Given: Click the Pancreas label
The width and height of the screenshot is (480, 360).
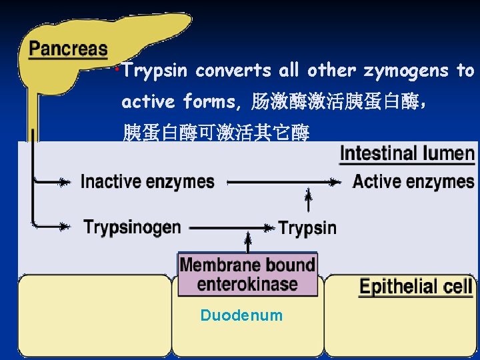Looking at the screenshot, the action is (68, 48).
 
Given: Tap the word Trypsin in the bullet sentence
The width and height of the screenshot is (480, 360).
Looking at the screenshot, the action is (157, 71).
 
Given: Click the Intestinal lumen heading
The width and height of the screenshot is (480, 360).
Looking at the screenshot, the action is (407, 154).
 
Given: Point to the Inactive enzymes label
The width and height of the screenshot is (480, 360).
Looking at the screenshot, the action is (147, 181).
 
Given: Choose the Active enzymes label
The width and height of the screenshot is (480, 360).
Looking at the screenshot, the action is (413, 181).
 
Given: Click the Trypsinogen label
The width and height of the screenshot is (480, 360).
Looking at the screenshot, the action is (132, 227).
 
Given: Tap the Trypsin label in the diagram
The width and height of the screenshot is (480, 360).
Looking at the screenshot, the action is (307, 228).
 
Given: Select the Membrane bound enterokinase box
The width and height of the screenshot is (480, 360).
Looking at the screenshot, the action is (247, 274).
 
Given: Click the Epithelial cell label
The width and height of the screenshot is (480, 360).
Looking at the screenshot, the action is (416, 287).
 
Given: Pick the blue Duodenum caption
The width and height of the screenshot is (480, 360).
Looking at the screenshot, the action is (241, 315).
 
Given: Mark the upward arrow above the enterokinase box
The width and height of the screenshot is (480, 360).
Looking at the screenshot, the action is (248, 241).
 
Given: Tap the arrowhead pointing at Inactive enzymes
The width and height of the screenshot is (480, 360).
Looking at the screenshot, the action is (64, 181).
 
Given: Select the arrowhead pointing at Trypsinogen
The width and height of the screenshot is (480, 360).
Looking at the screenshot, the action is (64, 227).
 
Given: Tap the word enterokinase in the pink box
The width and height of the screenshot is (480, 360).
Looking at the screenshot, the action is (247, 284).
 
